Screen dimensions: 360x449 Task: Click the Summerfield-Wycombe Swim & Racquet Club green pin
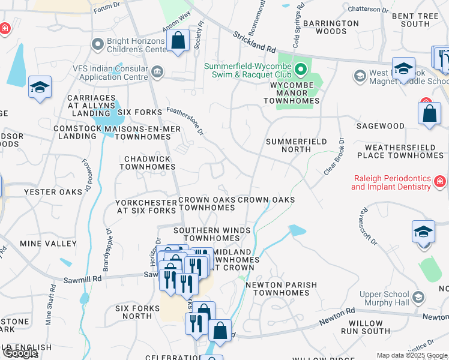coord(300,70)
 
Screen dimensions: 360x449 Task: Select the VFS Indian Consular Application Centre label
coord(110,73)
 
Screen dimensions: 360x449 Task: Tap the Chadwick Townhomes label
coord(147,163)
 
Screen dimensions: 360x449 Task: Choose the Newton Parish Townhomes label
coord(281,289)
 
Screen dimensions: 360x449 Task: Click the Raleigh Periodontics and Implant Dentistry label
coord(391,182)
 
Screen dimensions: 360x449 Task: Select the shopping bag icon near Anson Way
coord(178,41)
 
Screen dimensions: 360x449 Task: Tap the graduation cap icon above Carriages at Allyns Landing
coord(40,88)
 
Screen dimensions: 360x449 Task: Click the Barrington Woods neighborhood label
coord(331,27)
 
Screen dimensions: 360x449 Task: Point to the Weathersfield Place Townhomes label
coord(400,151)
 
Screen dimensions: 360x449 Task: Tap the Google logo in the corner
coord(19,353)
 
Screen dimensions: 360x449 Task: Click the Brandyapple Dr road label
coord(107,249)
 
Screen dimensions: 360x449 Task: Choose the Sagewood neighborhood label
coord(380,126)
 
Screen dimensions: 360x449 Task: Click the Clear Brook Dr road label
coord(334,157)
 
